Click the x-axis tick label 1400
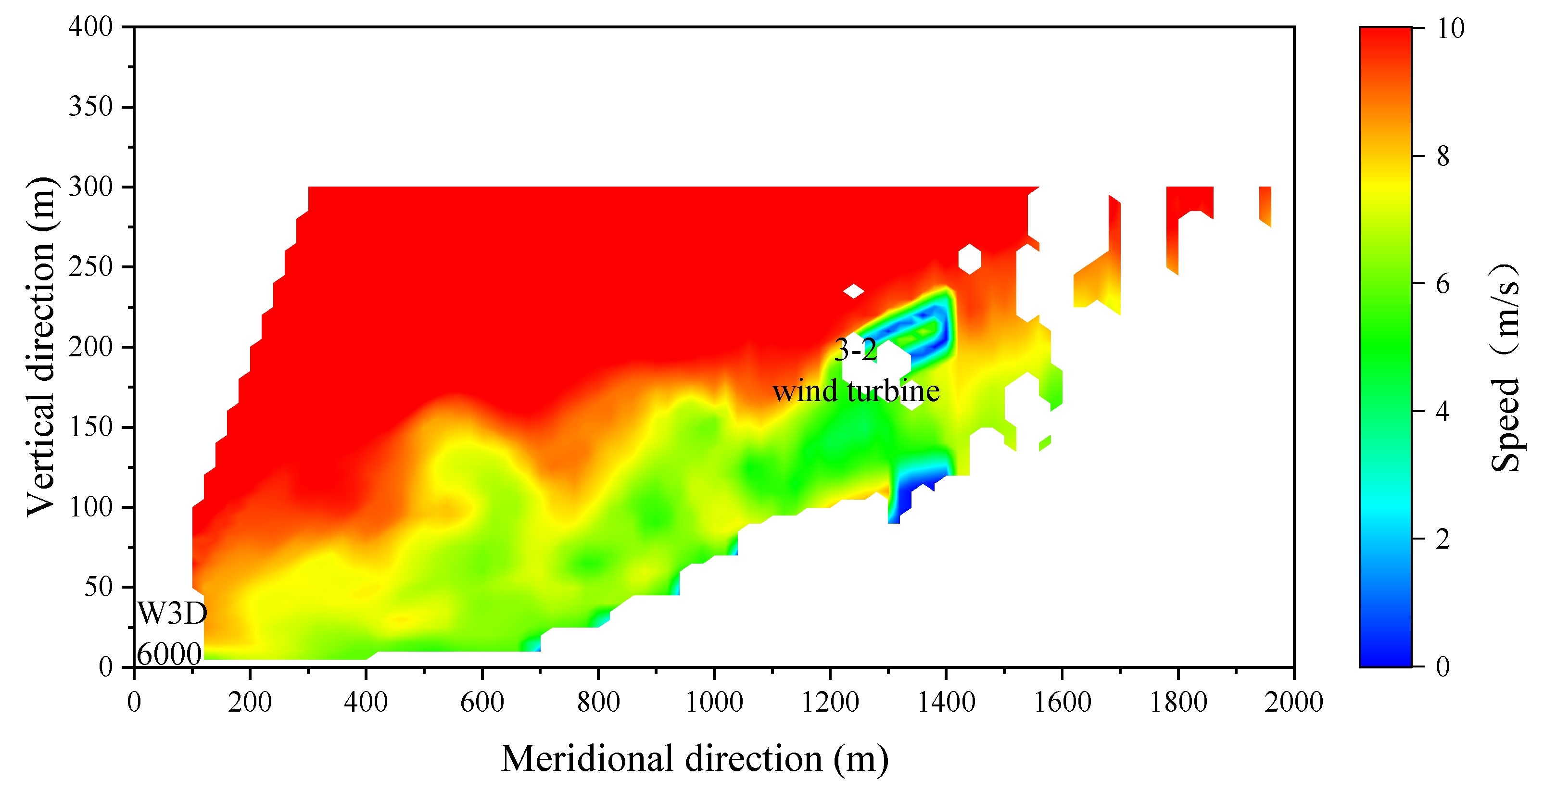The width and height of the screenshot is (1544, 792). click(946, 702)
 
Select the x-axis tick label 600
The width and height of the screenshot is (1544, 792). click(482, 702)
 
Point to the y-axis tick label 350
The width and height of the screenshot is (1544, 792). click(90, 107)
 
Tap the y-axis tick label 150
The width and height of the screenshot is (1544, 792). click(90, 427)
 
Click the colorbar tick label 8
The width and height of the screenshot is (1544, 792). click(1443, 156)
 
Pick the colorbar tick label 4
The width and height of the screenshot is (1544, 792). click(1443, 412)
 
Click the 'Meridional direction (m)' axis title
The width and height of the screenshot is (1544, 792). click(694, 758)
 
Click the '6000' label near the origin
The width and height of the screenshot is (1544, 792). click(169, 654)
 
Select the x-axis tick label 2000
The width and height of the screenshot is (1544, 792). click(1293, 702)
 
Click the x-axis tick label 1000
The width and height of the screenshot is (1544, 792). click(714, 702)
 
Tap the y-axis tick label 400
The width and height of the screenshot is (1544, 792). click(90, 27)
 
